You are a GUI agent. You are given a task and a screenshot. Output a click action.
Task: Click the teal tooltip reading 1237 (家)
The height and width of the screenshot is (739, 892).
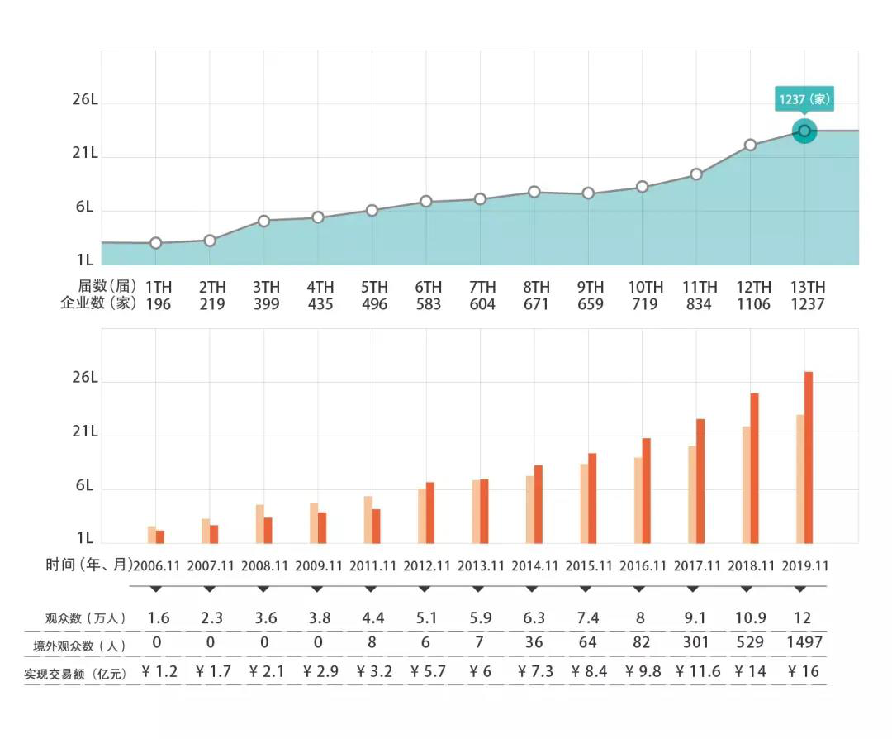click(x=804, y=100)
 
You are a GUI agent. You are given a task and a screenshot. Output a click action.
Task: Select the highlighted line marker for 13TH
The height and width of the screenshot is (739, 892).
click(x=804, y=131)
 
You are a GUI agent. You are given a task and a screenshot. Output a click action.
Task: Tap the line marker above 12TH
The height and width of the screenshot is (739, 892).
click(x=750, y=145)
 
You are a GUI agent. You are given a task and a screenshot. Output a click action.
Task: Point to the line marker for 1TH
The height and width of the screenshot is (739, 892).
click(x=156, y=243)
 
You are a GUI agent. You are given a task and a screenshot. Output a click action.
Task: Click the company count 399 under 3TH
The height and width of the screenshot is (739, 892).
click(x=266, y=304)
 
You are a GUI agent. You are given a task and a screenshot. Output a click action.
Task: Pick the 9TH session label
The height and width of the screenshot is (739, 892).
click(x=591, y=288)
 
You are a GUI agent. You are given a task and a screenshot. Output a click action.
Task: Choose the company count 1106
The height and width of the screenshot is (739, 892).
click(x=752, y=304)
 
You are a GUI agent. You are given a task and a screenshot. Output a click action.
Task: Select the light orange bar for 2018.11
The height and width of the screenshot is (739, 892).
click(x=747, y=484)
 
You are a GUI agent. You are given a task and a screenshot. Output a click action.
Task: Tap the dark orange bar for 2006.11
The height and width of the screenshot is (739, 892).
click(x=160, y=536)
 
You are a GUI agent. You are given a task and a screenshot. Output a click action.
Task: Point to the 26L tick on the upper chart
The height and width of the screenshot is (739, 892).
click(x=84, y=100)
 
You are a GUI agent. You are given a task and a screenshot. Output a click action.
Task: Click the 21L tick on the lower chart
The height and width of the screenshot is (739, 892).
click(x=84, y=432)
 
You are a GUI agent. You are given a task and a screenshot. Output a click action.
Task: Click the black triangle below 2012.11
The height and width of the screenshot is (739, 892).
click(x=425, y=589)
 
